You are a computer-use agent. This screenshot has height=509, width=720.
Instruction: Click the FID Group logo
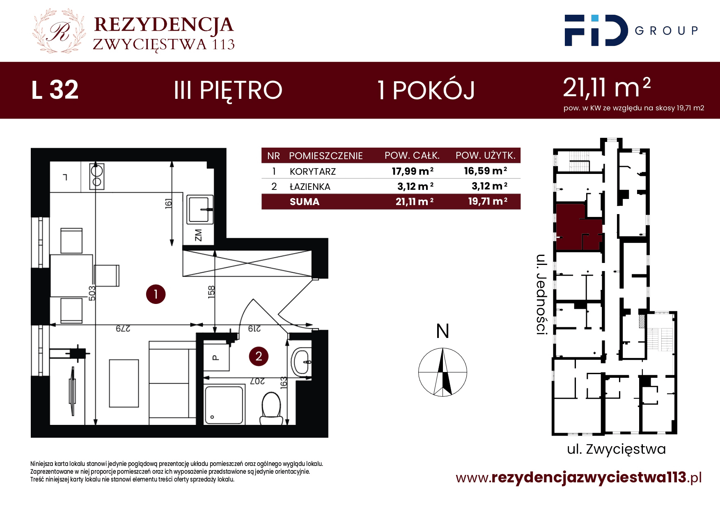coord(631,30)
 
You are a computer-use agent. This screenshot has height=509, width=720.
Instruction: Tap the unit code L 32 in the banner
coord(55,90)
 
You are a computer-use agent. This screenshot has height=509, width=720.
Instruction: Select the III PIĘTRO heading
coord(228,91)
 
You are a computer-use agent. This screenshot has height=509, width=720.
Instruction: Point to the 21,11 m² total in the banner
coord(607,87)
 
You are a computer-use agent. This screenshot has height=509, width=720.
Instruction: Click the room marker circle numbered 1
coord(156,294)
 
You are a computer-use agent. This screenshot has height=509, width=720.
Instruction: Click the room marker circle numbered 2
coord(259,356)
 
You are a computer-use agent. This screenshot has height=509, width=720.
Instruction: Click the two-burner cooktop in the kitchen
coord(97,176)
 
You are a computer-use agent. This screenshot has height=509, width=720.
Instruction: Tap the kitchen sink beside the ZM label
coord(200,210)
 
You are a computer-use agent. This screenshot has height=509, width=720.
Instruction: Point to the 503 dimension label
coord(92,293)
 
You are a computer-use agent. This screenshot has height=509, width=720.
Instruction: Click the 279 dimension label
coord(123,329)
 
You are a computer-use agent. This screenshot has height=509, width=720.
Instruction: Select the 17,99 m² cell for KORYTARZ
coord(413,171)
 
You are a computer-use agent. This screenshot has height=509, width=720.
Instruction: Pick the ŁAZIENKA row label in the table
coord(310,187)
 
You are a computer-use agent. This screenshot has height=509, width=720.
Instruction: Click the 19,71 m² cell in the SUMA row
coord(488,201)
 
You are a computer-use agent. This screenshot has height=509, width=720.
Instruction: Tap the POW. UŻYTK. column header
coord(486,155)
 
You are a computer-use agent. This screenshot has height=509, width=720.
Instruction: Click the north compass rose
coord(443,372)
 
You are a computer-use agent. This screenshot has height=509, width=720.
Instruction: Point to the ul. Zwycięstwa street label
coord(616,449)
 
